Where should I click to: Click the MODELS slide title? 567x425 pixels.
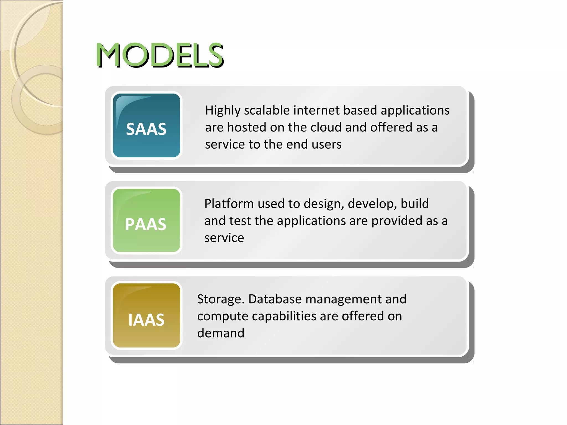[x=160, y=55]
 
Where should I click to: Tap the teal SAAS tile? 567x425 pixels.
[x=146, y=126]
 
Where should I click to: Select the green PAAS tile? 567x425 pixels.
[x=146, y=221]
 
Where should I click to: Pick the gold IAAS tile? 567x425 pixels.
[x=146, y=316]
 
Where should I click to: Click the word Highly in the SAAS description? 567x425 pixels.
[x=223, y=111]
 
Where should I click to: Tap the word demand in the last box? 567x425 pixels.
[x=221, y=333]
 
